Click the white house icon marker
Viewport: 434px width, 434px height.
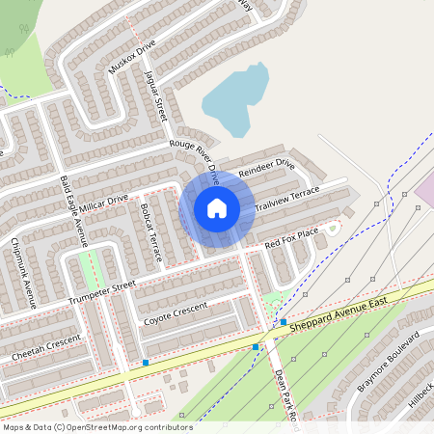pos(217,207)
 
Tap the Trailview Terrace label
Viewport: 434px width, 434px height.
pos(286,199)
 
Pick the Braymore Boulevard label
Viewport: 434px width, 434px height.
pos(391,361)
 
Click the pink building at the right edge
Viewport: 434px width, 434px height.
pos(425,192)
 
